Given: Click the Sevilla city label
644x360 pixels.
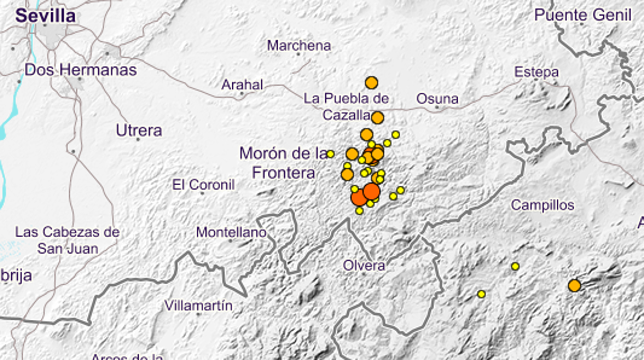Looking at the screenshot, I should (45, 16).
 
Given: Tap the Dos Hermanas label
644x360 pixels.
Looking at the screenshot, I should (81, 70).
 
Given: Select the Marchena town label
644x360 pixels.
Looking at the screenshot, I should (299, 45).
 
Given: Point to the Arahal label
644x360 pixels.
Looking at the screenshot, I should (242, 85).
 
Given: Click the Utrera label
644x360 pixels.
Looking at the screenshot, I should (139, 130).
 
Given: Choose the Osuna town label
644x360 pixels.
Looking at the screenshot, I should (437, 98).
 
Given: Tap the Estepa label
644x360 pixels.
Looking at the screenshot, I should (537, 72).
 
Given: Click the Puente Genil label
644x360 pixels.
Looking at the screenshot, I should (583, 15).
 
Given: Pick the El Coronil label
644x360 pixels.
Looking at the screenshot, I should (203, 184).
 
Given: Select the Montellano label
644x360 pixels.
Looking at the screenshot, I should (231, 233).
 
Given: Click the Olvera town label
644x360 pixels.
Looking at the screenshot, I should (364, 266).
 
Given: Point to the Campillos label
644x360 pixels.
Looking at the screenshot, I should (542, 205).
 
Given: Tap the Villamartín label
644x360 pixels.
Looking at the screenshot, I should (198, 305).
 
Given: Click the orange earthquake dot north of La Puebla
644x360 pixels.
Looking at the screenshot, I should (372, 83).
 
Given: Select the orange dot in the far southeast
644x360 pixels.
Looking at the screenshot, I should (574, 285).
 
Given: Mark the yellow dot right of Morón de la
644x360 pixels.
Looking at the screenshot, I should (330, 154).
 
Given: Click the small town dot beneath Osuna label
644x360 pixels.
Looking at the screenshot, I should (437, 107).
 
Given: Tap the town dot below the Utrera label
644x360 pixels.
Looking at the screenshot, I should (138, 139).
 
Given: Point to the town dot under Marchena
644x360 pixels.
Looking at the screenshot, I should (298, 54).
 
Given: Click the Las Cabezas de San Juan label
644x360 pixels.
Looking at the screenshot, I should (67, 240).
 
